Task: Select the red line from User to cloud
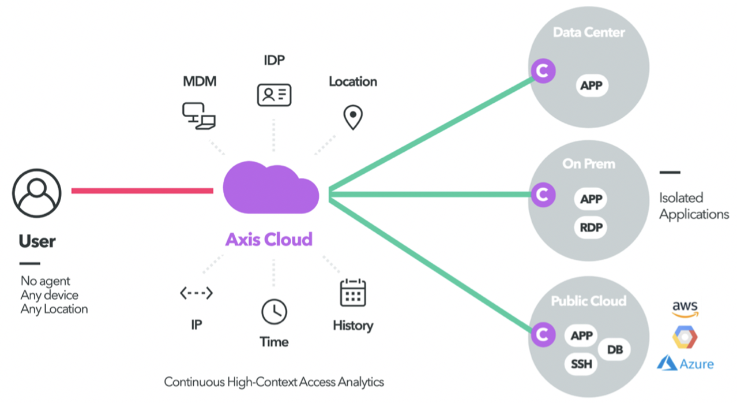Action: point(142,190)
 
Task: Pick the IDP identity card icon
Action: point(274,94)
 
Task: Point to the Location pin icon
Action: point(352,117)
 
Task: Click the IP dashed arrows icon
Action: point(196,293)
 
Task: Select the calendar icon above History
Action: point(352,293)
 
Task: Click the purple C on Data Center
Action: point(542,72)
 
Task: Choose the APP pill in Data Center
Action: point(592,87)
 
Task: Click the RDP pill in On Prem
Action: point(591,227)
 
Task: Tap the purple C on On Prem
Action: point(542,195)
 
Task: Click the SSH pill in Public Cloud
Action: point(581,364)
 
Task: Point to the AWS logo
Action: point(685,309)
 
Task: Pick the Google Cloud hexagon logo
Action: point(685,337)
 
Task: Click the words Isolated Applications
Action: point(694,206)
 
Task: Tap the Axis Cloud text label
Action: point(269,239)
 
